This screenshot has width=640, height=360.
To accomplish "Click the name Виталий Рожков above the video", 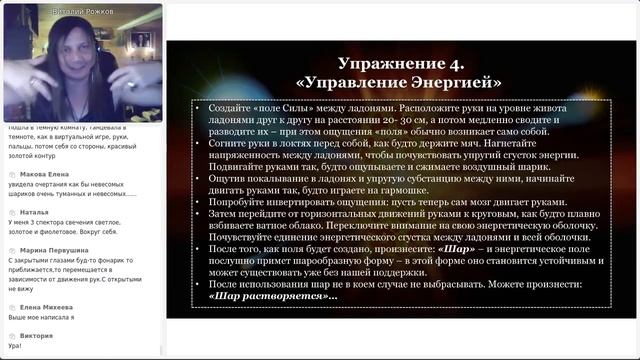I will point(81,9).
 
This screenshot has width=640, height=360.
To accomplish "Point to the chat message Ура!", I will point(15,345).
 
